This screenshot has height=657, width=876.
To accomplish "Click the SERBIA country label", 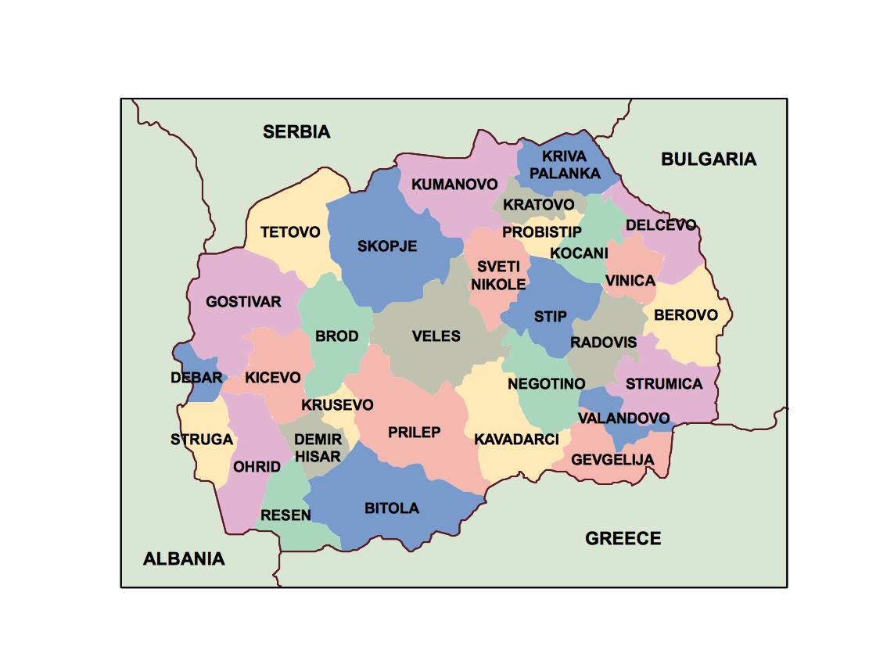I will tap(296, 131).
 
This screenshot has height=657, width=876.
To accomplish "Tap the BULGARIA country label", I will tap(709, 160).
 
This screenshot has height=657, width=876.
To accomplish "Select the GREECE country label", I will tap(623, 538).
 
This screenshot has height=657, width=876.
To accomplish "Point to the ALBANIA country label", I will tap(184, 558).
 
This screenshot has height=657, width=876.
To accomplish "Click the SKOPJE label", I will tap(387, 246).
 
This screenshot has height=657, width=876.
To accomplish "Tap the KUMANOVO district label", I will tap(454, 185).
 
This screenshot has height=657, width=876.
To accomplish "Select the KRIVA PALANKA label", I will tap(564, 165).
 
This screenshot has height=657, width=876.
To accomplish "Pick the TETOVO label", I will tap(290, 232).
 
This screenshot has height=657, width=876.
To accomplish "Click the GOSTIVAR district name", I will tap(243, 301).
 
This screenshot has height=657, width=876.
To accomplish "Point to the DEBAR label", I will tap(196, 378).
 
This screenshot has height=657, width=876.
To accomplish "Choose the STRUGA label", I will tap(202, 440).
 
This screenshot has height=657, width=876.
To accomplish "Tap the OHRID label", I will tap(257, 467).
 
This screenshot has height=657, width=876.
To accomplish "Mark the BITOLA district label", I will tap(392, 508).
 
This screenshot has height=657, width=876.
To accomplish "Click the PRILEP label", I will tap(415, 433).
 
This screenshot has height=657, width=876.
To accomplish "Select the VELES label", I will tap(436, 336).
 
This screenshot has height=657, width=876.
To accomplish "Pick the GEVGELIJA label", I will tap(612, 459).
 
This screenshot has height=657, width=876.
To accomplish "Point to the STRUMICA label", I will tap(664, 384).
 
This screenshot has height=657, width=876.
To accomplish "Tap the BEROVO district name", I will tap(685, 315).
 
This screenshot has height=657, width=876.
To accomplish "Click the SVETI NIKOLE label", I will tap(497, 275).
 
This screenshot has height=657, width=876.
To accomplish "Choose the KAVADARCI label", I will tap(516, 440).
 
